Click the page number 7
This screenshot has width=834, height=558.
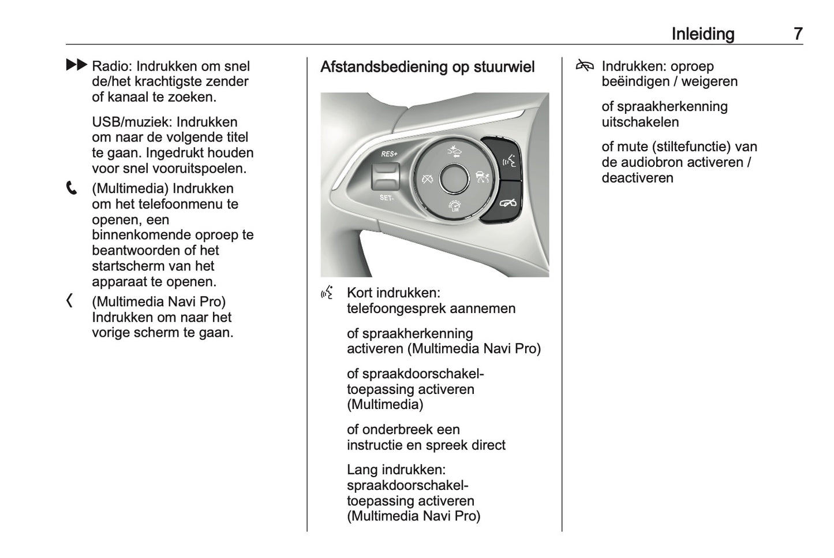click(x=797, y=34)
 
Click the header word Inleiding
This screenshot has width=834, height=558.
click(x=702, y=34)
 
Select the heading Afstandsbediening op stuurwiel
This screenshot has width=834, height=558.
click(x=427, y=67)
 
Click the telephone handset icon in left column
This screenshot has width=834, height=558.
click(x=72, y=188)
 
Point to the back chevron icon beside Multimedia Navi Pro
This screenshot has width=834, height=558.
click(x=70, y=301)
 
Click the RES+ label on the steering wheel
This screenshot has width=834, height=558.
click(x=389, y=154)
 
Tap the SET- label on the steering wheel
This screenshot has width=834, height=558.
click(x=387, y=198)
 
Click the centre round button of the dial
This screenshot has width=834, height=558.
click(x=454, y=178)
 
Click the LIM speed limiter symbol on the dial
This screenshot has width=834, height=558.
click(x=454, y=206)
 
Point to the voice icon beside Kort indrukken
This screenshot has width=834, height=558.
click(x=327, y=293)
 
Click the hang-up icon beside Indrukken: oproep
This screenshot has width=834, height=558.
click(x=585, y=66)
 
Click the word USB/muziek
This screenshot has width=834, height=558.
click(x=132, y=122)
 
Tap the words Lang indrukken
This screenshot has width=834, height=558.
click(x=396, y=470)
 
